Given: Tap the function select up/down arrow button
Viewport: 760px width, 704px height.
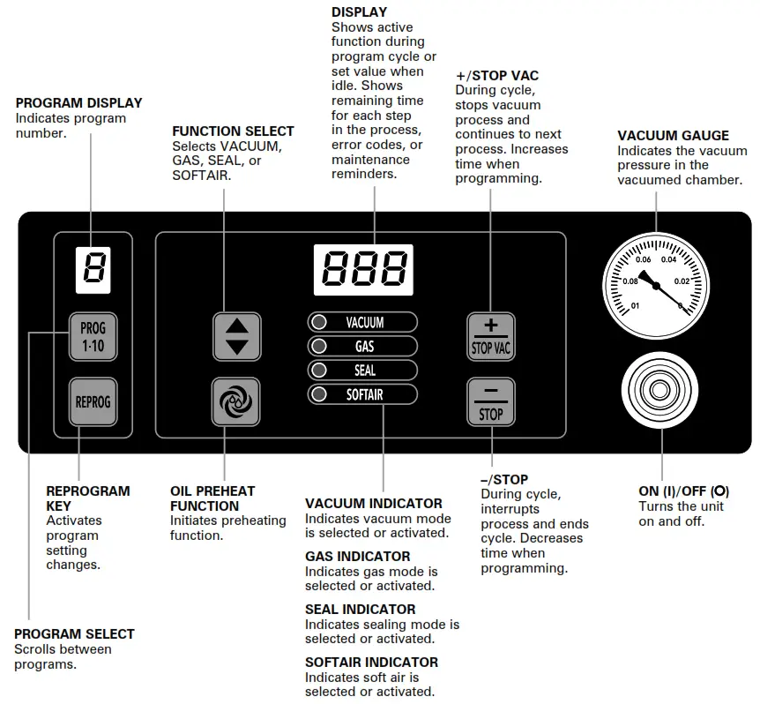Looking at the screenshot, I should [x=237, y=335].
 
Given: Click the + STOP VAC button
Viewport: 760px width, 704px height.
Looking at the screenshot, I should [x=491, y=335].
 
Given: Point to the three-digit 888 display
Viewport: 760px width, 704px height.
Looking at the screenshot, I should [x=363, y=269].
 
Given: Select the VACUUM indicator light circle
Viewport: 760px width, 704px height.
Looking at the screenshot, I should [x=320, y=323].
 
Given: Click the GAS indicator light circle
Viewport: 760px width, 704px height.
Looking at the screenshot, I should [x=320, y=347].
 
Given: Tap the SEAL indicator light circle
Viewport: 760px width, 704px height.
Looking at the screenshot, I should [x=320, y=371].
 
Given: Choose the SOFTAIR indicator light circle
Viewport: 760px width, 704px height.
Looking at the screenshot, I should [x=320, y=394].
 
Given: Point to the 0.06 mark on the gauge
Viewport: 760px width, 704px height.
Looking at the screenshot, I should [x=644, y=259].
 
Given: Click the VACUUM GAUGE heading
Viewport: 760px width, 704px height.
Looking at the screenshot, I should [x=673, y=136].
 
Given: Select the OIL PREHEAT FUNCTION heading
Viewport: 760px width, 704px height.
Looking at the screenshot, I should [x=212, y=498].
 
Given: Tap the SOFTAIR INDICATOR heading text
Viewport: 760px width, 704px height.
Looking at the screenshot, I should [x=371, y=662].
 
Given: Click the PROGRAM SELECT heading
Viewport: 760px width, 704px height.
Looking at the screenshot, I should [x=74, y=633].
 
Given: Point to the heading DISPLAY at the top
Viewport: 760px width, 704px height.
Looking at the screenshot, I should [x=359, y=12].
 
